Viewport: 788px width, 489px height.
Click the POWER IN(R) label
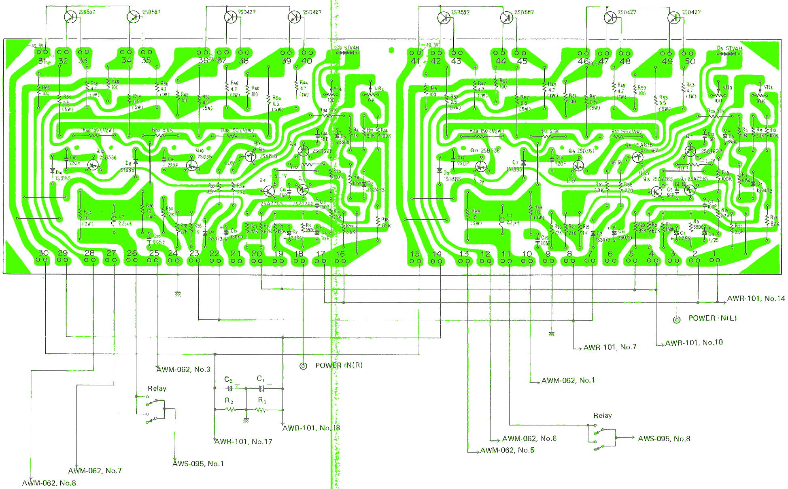coord(339,366)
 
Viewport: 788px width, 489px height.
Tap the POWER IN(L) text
coord(712,319)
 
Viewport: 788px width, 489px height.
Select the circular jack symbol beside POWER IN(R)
coord(303,366)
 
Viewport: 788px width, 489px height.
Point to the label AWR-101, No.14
coord(756,299)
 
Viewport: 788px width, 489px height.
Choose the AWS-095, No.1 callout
coord(198,464)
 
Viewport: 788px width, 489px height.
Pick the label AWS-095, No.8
coord(664,439)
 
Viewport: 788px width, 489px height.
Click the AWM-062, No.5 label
coord(507,451)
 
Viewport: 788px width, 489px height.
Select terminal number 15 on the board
coord(415,254)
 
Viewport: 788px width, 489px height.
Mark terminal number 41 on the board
coord(415,61)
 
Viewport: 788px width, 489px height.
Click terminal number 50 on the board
coord(690,61)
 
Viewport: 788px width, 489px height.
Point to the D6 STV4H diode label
coord(347,48)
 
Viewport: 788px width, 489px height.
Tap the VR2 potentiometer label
coord(379,89)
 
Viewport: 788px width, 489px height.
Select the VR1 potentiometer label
coord(768,87)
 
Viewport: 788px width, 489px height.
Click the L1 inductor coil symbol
coord(502,221)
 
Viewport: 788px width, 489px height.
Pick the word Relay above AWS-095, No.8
coord(603,416)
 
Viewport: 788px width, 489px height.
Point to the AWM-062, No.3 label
coord(183,370)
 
